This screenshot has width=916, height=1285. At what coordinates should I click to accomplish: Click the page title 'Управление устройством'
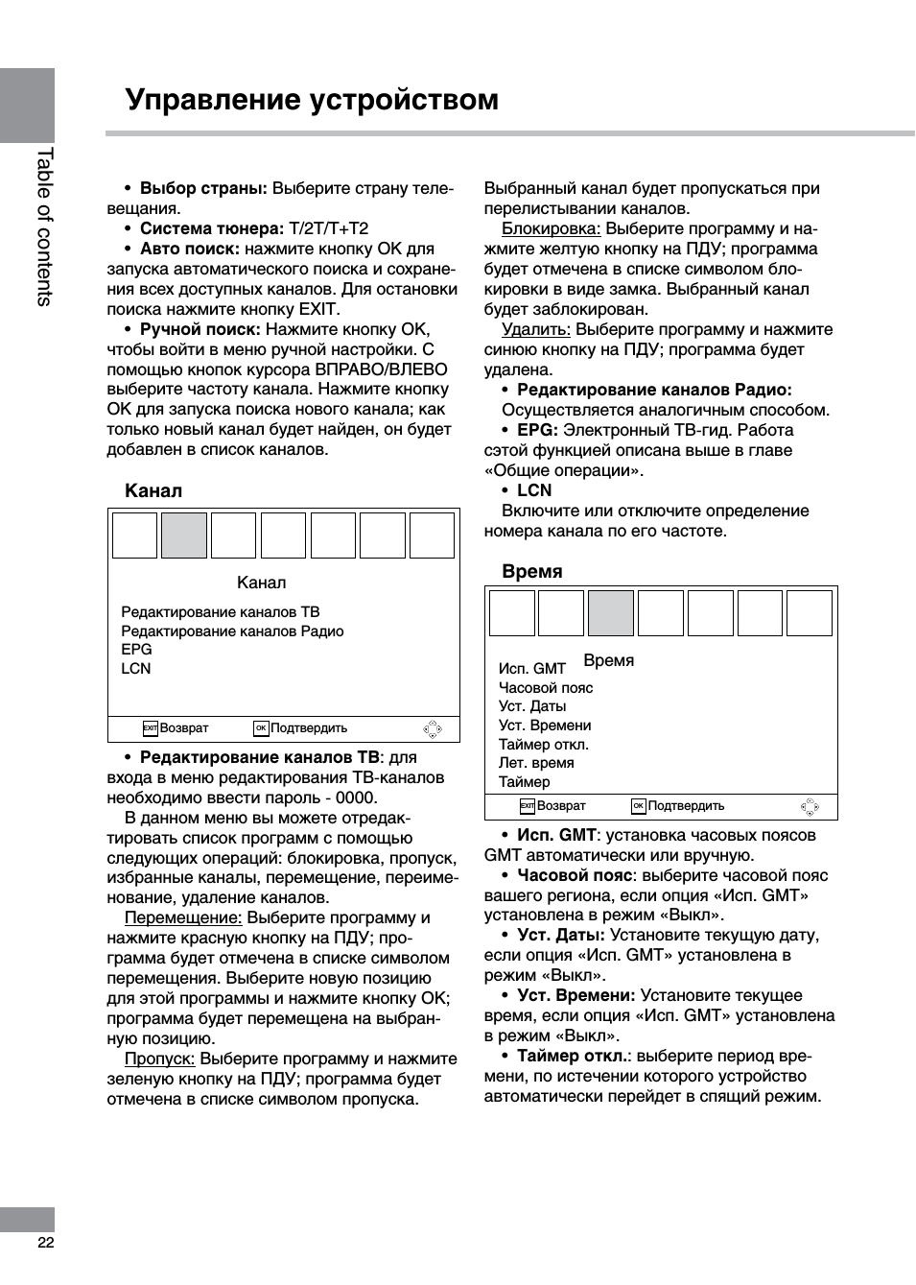312,100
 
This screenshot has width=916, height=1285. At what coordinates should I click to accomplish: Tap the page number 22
45,1242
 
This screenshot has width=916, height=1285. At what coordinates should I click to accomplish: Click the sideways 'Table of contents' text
44,226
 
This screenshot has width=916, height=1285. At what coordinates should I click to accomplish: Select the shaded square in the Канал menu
183,535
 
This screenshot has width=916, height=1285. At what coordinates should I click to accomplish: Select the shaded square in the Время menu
610,613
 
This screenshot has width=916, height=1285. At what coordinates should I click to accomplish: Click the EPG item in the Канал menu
136,650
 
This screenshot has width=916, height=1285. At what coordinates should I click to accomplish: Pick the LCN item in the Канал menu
135,669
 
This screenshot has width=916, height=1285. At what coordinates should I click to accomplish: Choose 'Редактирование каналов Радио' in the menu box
232,631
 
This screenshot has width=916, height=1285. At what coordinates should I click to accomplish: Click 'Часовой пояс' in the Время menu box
546,688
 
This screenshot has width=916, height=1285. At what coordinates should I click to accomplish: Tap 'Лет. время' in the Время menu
536,763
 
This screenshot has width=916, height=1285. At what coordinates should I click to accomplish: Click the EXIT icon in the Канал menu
150,728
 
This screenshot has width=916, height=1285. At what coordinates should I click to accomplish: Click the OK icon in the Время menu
638,806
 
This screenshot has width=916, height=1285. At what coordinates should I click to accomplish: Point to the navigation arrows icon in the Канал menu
433,729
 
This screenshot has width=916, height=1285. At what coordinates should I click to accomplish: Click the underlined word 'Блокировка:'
551,228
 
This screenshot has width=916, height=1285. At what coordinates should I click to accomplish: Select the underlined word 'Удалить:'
535,329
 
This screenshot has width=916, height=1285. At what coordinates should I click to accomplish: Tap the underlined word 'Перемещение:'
183,917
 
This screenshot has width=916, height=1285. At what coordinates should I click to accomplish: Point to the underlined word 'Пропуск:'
159,1059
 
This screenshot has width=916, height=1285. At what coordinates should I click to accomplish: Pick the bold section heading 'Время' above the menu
531,571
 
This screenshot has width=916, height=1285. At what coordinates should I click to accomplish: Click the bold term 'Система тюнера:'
211,228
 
